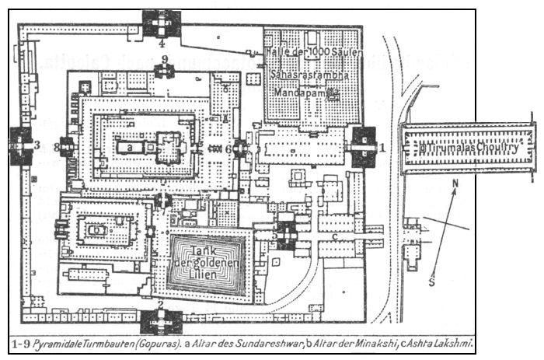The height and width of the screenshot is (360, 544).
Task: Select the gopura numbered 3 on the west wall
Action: point(20,145)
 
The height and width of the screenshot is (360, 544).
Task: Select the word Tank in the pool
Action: point(205,250)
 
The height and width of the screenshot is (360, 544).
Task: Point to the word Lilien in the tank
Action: point(206,277)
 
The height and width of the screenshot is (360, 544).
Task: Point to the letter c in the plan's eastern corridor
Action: point(334,235)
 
